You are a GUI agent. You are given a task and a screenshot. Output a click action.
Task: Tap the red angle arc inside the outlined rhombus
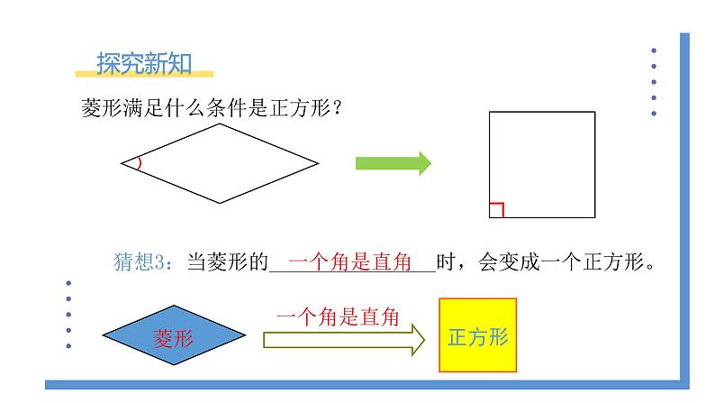[x=139, y=163]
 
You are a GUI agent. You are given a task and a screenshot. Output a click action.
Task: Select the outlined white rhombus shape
[x=220, y=163]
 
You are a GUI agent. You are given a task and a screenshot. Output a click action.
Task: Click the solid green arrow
[x=393, y=162]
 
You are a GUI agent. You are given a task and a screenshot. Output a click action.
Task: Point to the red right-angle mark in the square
[x=496, y=210]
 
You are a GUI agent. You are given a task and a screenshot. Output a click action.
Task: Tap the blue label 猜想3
[x=141, y=262]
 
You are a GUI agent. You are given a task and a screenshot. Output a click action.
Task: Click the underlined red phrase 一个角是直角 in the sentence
[x=354, y=262]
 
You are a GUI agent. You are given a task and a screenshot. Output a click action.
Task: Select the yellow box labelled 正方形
[x=478, y=336]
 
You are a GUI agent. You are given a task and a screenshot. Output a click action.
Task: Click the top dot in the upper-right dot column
[x=654, y=50]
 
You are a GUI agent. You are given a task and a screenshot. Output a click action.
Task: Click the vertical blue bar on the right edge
[x=684, y=207]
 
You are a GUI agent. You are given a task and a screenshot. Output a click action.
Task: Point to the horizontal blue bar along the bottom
[x=360, y=384]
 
